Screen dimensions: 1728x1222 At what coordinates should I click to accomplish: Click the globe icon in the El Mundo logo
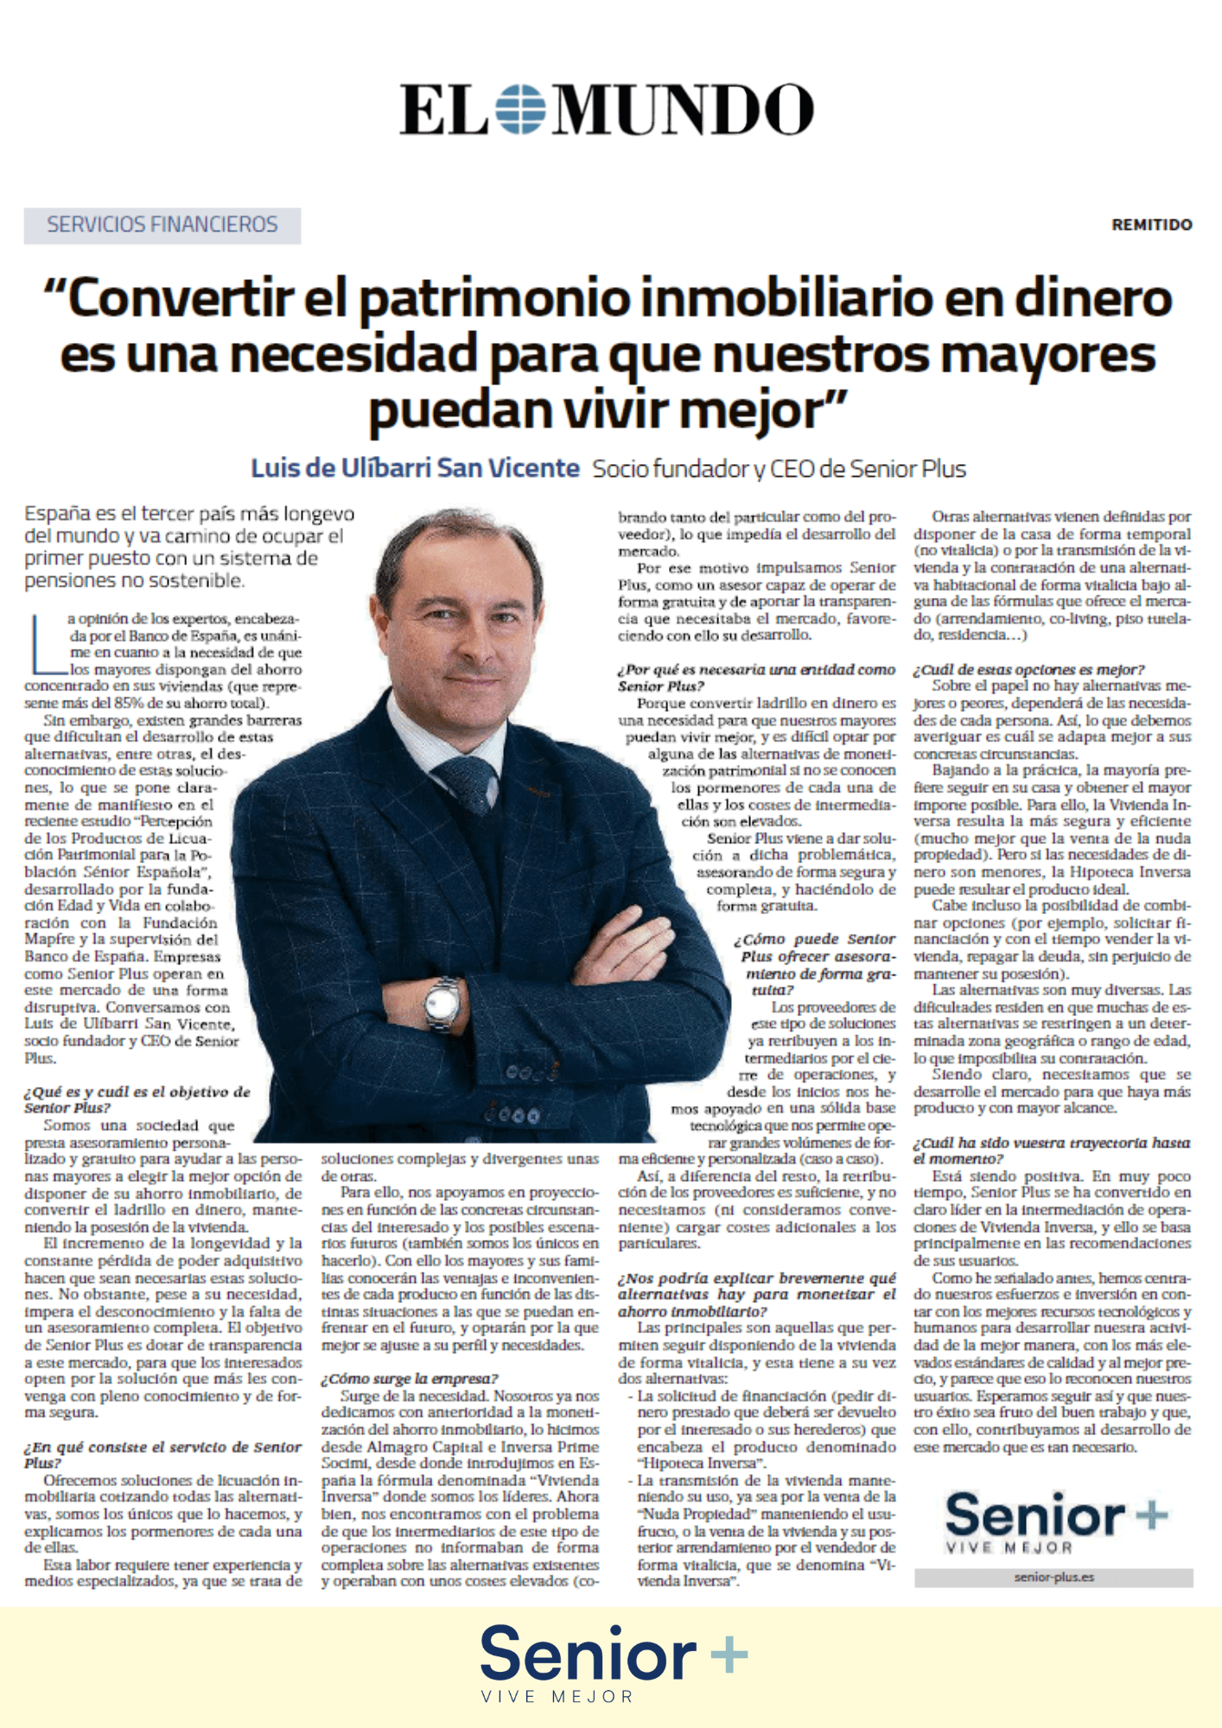[x=521, y=109]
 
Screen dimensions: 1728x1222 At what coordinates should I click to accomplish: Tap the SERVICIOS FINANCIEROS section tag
[x=162, y=226]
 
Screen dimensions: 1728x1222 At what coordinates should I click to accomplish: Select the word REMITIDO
[x=1151, y=225]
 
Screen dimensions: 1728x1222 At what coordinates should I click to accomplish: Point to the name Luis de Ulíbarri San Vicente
[x=415, y=468]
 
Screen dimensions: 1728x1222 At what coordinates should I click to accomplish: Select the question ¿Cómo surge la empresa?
[x=410, y=1378]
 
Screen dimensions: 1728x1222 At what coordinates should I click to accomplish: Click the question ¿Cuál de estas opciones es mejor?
[x=1028, y=670]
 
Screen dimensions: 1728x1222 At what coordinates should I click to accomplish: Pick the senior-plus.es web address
[x=1053, y=1577]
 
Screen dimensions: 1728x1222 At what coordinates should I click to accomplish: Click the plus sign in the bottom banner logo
[x=729, y=1655]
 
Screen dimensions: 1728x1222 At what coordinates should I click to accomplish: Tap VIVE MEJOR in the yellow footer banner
[x=557, y=1697]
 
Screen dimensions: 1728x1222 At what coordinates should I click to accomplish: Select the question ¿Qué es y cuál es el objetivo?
[x=137, y=1099]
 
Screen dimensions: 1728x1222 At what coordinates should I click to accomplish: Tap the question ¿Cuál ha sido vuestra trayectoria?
[x=1051, y=1150]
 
